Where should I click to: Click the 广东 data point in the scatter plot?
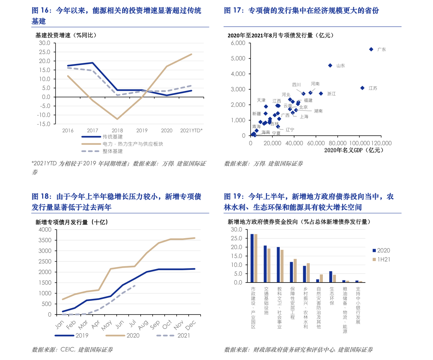click(371, 49)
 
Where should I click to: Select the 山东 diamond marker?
click(330, 65)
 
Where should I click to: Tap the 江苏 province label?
click(373, 88)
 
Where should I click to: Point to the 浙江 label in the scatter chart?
click(331, 94)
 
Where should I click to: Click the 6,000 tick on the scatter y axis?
click(238, 43)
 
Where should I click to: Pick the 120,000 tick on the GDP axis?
click(381, 143)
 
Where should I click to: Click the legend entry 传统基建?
click(112, 137)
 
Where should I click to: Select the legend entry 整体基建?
click(112, 151)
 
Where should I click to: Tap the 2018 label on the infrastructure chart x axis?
click(117, 131)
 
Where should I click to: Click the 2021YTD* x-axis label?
click(192, 131)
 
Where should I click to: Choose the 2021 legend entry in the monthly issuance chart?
click(184, 336)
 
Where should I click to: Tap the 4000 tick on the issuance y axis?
click(45, 229)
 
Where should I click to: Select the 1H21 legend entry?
click(383, 259)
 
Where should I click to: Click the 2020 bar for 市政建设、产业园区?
click(252, 258)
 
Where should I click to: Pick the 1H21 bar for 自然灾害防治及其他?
click(321, 278)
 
